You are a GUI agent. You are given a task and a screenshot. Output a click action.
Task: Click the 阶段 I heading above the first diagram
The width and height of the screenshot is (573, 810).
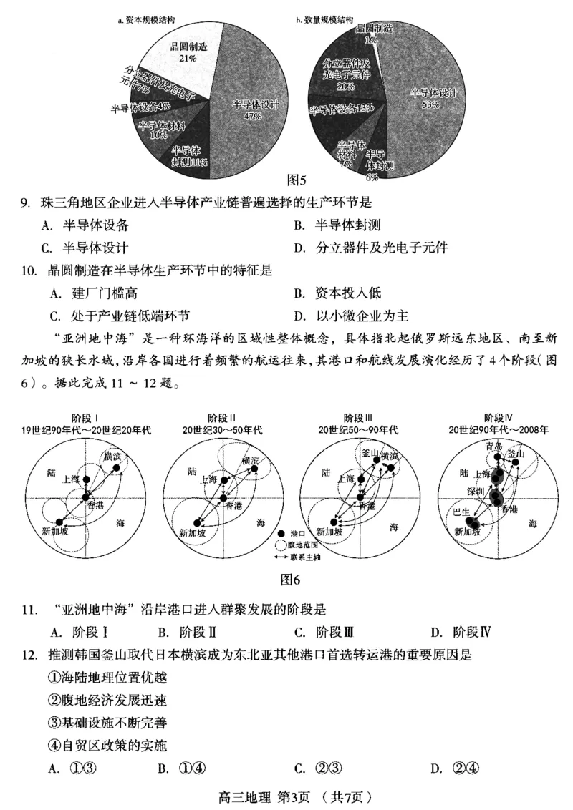click(x=85, y=419)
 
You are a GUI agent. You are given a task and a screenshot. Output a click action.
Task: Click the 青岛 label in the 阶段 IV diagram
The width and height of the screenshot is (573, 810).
click(x=495, y=447)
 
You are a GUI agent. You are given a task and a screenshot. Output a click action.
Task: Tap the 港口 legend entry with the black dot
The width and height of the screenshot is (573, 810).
click(x=296, y=534)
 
